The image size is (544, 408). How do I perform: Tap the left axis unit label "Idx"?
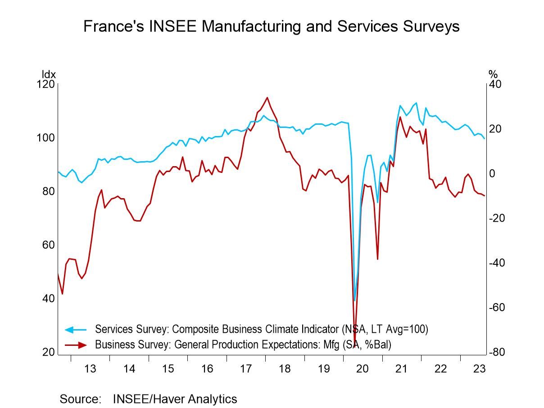pos(48,74)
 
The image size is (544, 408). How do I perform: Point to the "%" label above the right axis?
pos(493,74)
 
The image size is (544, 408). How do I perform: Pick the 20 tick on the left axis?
pos(48,353)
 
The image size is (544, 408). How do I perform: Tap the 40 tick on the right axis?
pos(495,85)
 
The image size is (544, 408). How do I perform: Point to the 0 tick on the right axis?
pos(492,174)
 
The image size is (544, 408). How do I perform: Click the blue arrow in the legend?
pos(75,330)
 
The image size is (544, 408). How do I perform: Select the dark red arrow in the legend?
pos(75,345)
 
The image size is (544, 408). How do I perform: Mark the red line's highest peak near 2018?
pos(267,97)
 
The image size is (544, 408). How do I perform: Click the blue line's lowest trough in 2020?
pos(355,300)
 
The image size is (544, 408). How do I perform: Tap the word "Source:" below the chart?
pos(80,399)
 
